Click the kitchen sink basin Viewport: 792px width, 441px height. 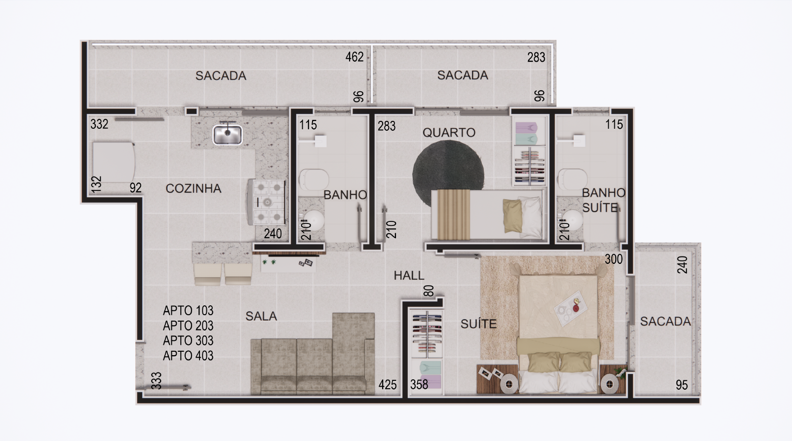(227, 135)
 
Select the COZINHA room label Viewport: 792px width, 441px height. (194, 188)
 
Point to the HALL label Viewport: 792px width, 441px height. (409, 275)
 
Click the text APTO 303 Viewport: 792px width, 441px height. (188, 340)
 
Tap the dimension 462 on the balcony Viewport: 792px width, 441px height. (355, 57)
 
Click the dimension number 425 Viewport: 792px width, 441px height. (388, 384)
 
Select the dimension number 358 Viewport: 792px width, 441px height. (419, 384)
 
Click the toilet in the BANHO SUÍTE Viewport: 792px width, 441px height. (572, 179)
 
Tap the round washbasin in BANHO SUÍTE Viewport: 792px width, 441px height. (572, 220)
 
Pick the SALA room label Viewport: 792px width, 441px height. (261, 316)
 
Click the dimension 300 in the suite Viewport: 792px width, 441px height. (614, 259)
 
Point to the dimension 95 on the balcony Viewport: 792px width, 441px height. (682, 385)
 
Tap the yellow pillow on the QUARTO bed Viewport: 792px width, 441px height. (513, 216)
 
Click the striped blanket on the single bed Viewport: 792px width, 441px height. (454, 215)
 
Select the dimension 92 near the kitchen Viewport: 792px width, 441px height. (135, 187)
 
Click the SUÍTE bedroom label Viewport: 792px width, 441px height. (479, 324)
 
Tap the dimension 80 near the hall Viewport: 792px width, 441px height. (429, 291)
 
